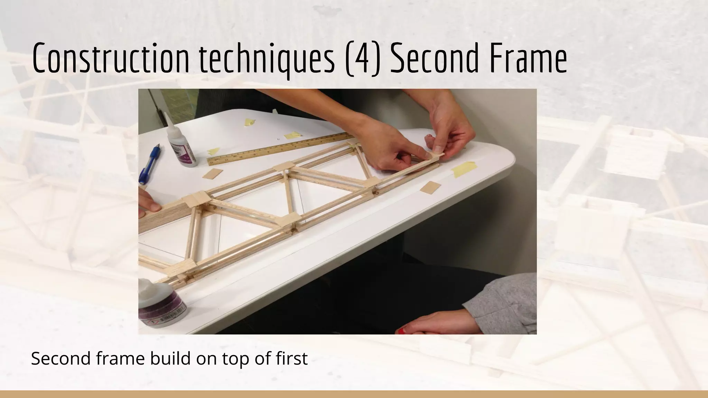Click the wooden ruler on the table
(x=277, y=148)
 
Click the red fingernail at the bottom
(x=402, y=331)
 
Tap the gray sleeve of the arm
(x=505, y=301)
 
